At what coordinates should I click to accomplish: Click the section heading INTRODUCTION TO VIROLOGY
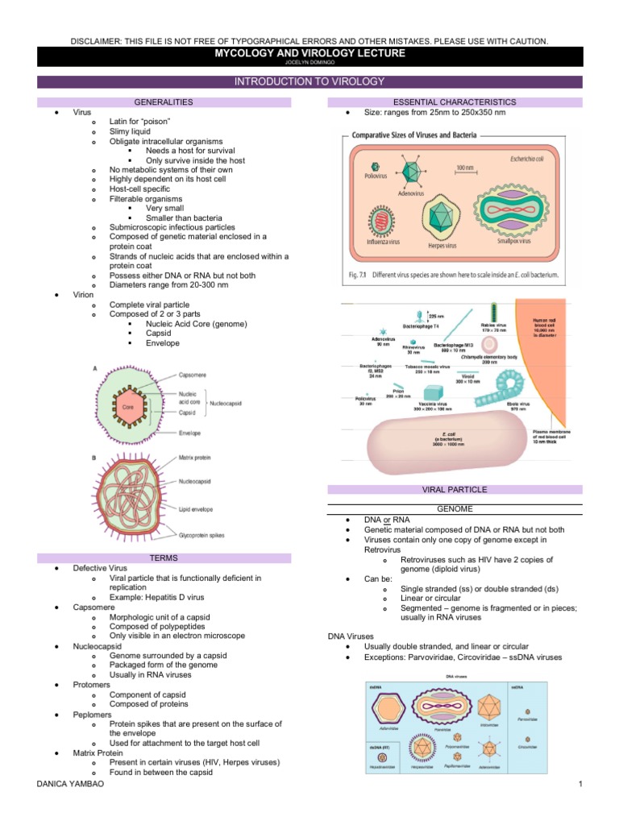(309, 81)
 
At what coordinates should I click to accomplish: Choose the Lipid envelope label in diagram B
(199, 509)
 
